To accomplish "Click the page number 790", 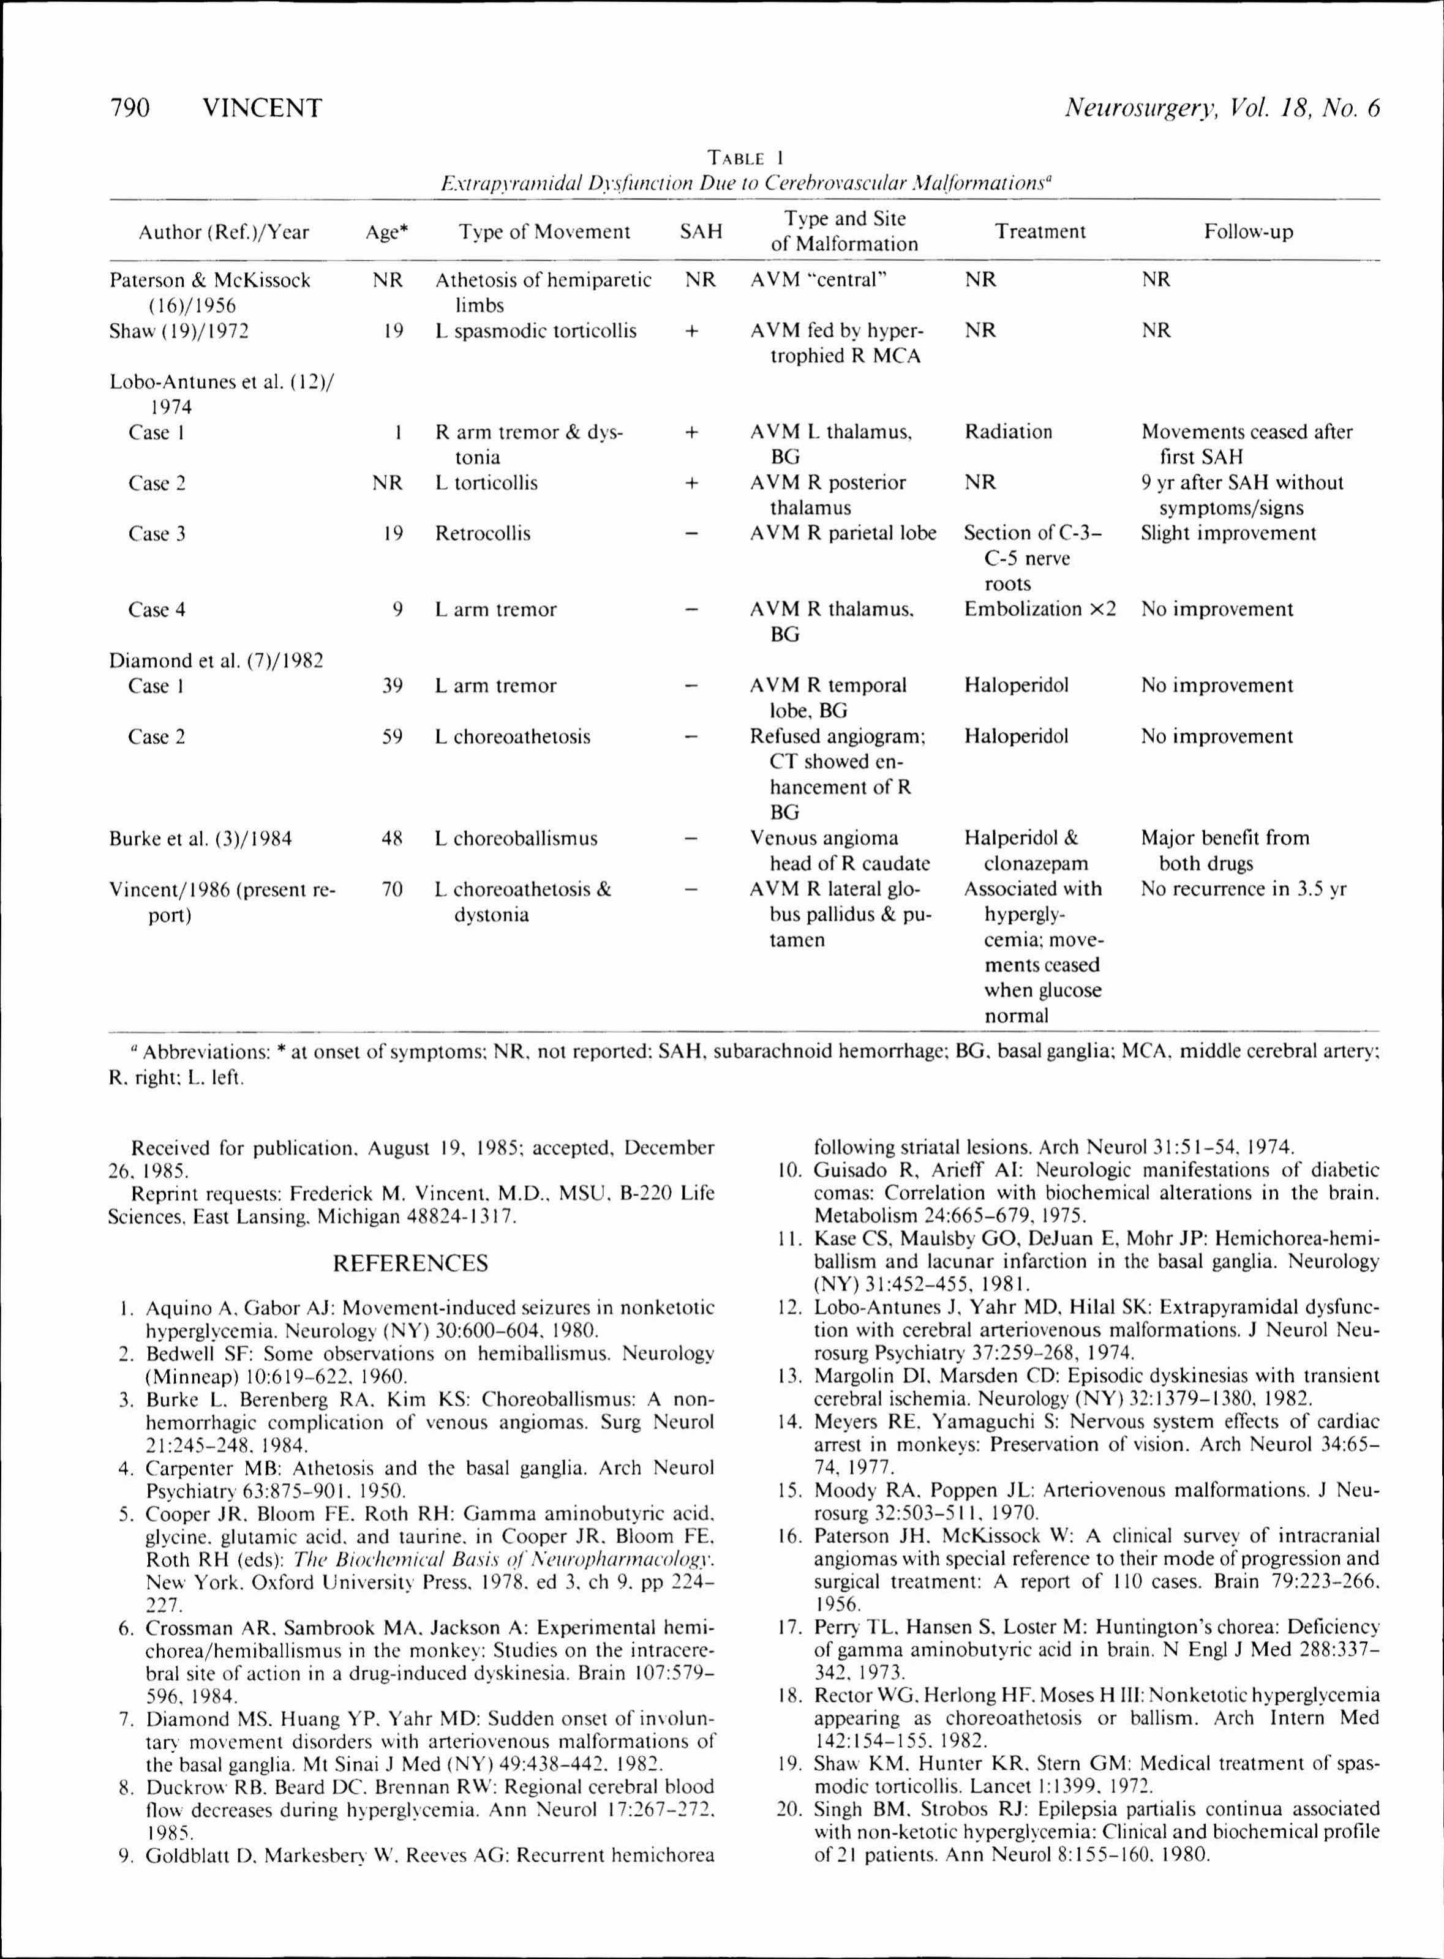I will coord(129,108).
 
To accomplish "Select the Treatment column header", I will coord(1039,231).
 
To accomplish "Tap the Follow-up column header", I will coord(1247,231).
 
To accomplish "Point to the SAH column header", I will coord(701,231).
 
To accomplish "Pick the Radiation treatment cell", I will coord(1008,432).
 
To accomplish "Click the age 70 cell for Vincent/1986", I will coord(393,889).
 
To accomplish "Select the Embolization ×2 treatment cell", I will coord(1039,609).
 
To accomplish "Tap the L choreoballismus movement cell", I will coord(516,838).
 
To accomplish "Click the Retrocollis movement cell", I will coord(483,533).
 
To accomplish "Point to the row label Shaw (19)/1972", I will coord(178,331).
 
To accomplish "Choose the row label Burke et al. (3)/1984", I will coord(200,839).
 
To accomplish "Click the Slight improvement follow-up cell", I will coord(1227,533).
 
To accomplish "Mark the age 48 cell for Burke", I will coord(393,838).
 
